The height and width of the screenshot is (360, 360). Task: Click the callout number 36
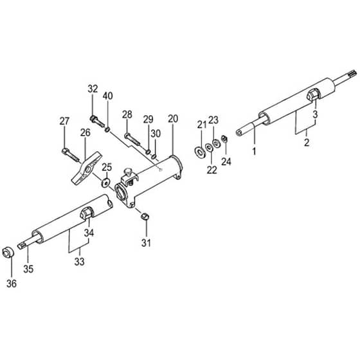tap(12, 283)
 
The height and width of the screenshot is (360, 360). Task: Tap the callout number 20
tap(173, 119)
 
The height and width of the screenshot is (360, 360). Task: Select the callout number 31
tap(146, 243)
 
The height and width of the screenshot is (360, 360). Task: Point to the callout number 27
tap(64, 121)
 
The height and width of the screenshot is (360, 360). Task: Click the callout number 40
tap(108, 96)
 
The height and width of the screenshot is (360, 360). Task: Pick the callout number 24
tap(226, 161)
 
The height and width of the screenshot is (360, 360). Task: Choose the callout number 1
tap(254, 151)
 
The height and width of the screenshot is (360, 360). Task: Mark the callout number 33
tap(80, 262)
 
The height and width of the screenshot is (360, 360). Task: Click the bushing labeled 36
tap(8, 253)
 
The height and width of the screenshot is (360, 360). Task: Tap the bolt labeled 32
tap(97, 122)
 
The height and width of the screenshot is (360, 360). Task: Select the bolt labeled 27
tap(70, 155)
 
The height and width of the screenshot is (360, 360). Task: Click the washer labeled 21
tap(200, 151)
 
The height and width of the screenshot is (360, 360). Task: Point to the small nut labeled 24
tap(224, 138)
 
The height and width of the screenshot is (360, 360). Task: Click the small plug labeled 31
tap(145, 215)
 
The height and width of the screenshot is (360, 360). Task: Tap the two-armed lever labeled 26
tap(87, 168)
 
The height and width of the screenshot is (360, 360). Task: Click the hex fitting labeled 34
tap(87, 213)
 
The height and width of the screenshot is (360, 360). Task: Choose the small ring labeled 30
tap(154, 156)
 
